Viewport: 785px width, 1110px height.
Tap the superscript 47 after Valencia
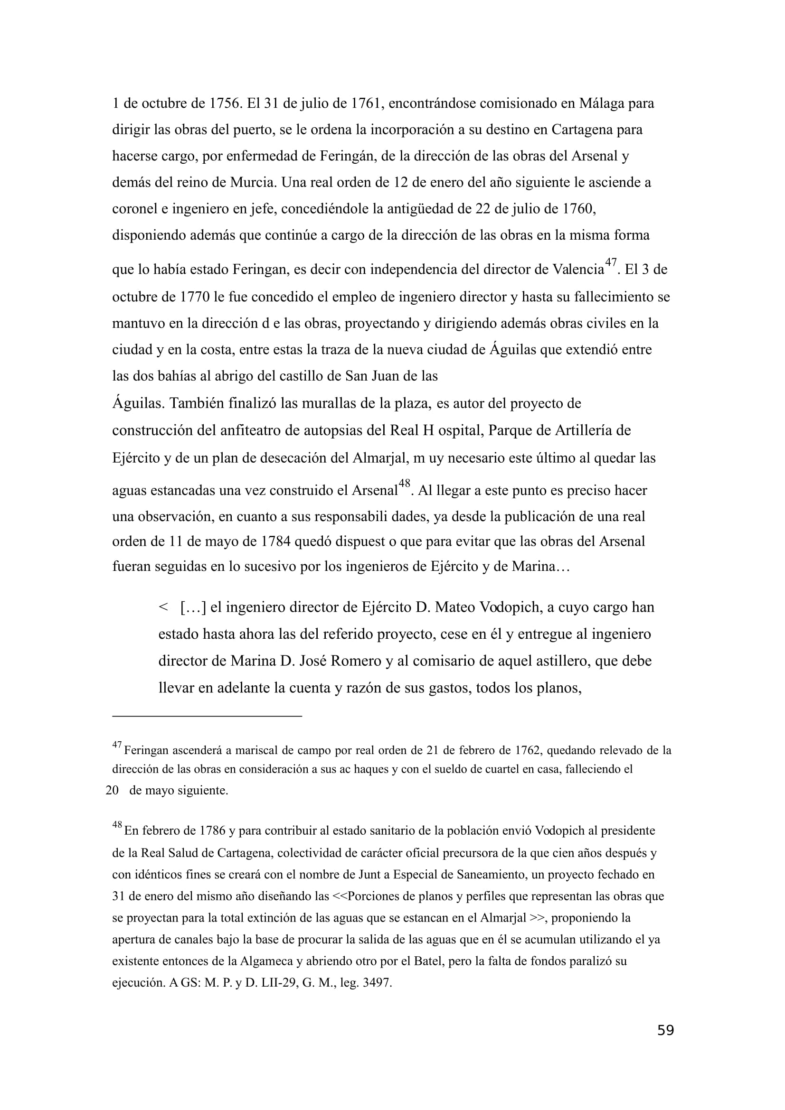(x=611, y=262)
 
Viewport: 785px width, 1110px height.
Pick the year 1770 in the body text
(x=194, y=297)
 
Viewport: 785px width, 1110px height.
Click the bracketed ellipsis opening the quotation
(x=193, y=607)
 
